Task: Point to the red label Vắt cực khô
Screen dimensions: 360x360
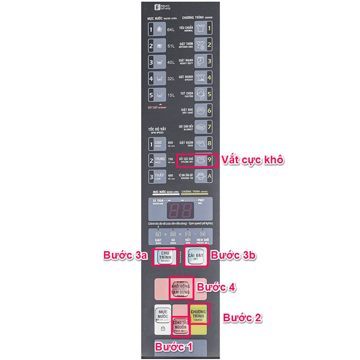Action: tap(252, 160)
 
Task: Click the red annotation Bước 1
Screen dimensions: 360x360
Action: tap(174, 347)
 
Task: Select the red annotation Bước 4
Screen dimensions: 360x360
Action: tap(216, 287)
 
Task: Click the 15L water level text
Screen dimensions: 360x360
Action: tap(171, 96)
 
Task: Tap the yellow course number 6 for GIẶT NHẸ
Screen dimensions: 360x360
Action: tap(209, 111)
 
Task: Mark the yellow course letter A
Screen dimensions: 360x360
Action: tap(209, 176)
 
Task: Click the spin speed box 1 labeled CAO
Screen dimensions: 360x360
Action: tap(150, 144)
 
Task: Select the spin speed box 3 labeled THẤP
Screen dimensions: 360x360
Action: tap(150, 176)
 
